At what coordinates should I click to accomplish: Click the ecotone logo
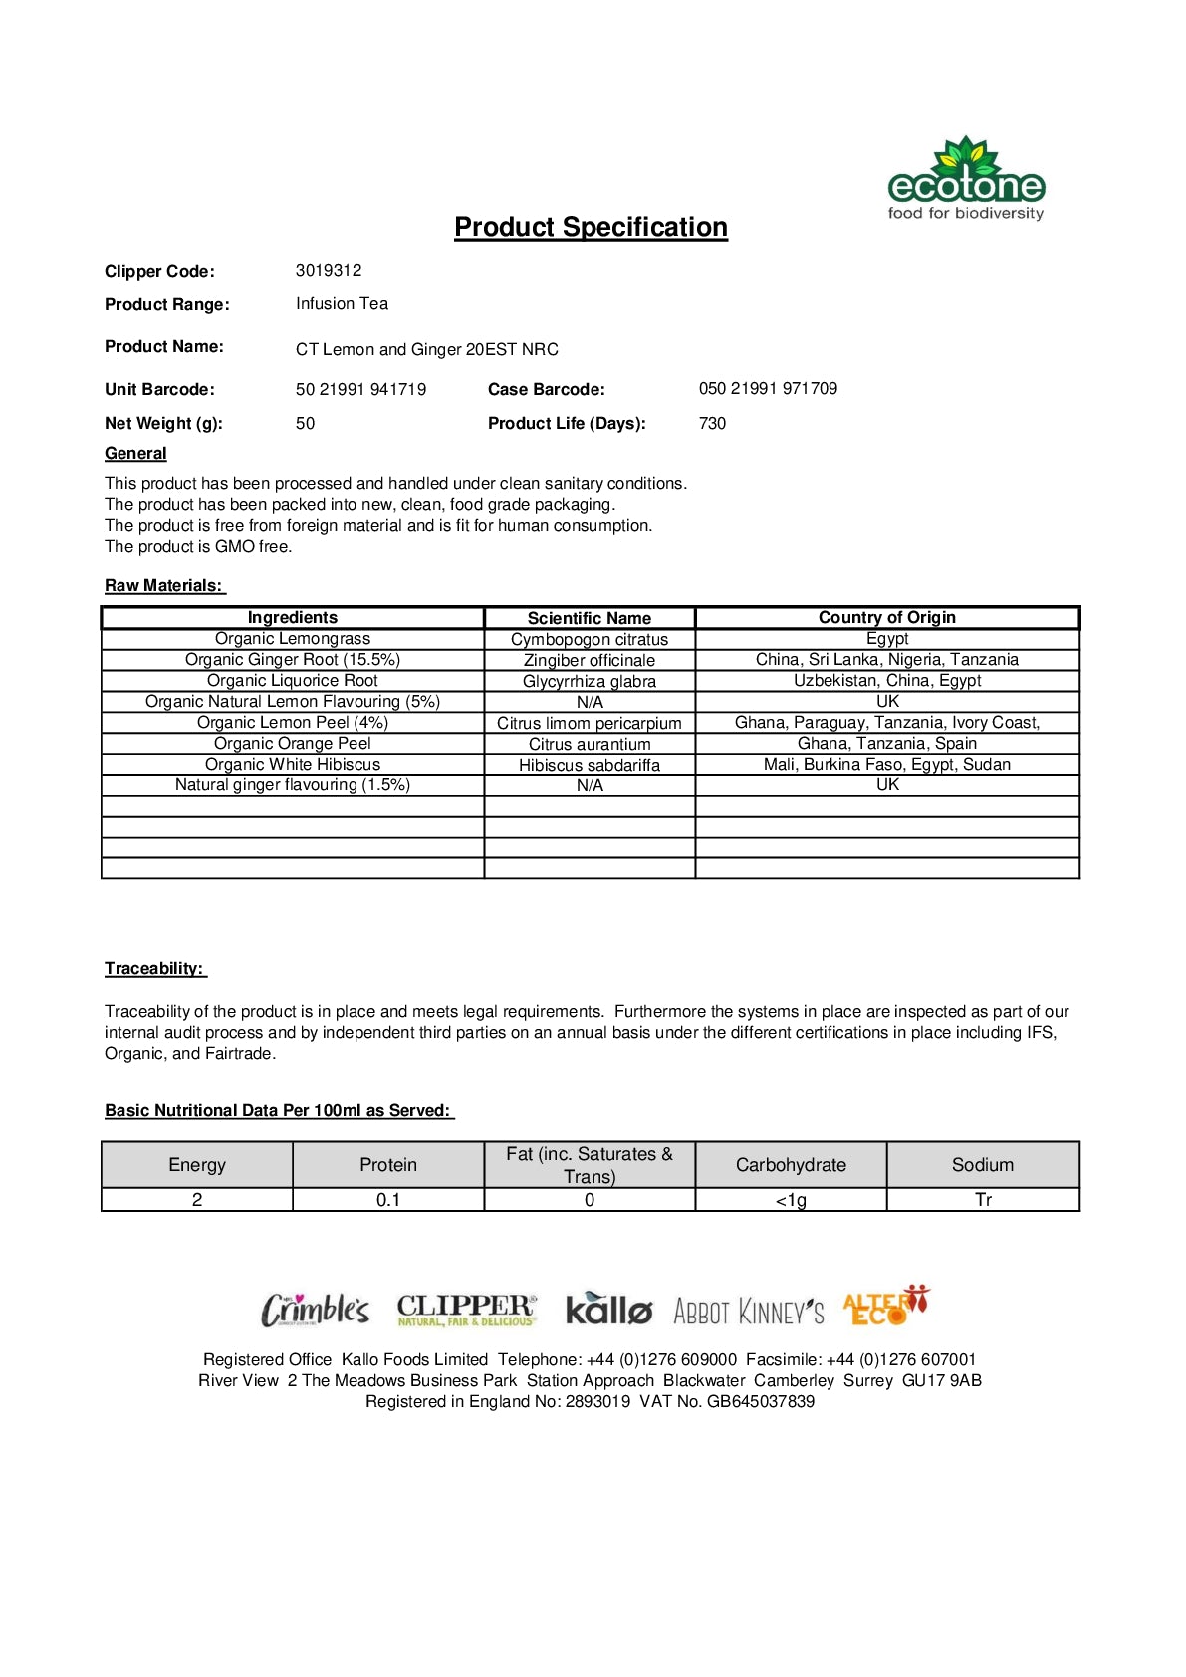(x=965, y=179)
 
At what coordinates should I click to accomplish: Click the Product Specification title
(x=591, y=227)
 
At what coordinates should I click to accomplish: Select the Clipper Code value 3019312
(x=329, y=271)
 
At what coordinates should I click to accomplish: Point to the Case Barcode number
(x=768, y=389)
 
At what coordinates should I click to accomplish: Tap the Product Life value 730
(x=712, y=423)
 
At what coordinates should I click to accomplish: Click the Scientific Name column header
(x=590, y=618)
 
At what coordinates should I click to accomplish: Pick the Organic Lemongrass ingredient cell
(x=293, y=639)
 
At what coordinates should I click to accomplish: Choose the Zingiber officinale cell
(x=590, y=660)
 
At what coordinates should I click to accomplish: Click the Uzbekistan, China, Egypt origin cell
(x=887, y=681)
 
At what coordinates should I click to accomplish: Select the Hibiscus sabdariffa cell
(x=590, y=765)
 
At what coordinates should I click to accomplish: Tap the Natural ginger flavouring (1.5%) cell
(x=293, y=785)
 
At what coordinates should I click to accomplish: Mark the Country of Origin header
(x=887, y=618)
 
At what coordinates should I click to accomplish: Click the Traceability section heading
(x=154, y=969)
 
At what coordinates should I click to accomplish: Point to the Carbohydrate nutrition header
(x=791, y=1165)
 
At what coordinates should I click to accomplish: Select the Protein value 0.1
(x=388, y=1200)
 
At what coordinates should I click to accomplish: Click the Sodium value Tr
(x=983, y=1200)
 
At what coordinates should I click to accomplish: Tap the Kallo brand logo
(x=608, y=1309)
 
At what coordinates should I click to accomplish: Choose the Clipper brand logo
(x=467, y=1310)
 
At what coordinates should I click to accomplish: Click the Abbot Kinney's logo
(x=749, y=1312)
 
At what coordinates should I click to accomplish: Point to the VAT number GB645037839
(x=761, y=1402)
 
